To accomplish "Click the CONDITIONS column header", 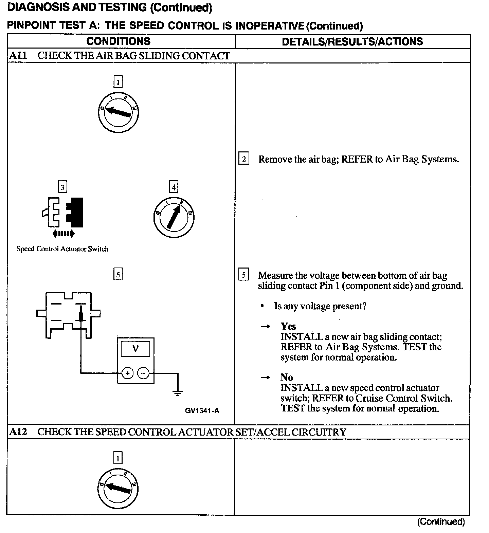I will coord(118,41).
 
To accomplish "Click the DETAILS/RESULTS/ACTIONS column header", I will coord(352,42).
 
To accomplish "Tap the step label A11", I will coord(18,56).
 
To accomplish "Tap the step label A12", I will coord(18,432).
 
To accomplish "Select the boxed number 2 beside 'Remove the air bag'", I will coord(244,159).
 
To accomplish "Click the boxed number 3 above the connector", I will coord(62,187).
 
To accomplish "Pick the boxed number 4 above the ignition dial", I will coord(174,187).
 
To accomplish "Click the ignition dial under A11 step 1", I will coord(118,112).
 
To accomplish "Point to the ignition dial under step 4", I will coord(173,217).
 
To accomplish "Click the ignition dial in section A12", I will coord(117,488).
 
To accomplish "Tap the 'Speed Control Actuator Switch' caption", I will coord(62,249).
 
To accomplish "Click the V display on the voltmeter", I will coord(135,348).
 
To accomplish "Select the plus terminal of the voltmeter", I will coord(128,373).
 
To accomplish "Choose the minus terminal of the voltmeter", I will coord(143,373).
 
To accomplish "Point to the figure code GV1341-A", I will coord(202,411).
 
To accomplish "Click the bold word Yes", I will coord(288,326).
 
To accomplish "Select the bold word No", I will coord(287,377).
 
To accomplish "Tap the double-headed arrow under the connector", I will coord(64,233).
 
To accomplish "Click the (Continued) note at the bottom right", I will coord(440,521).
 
